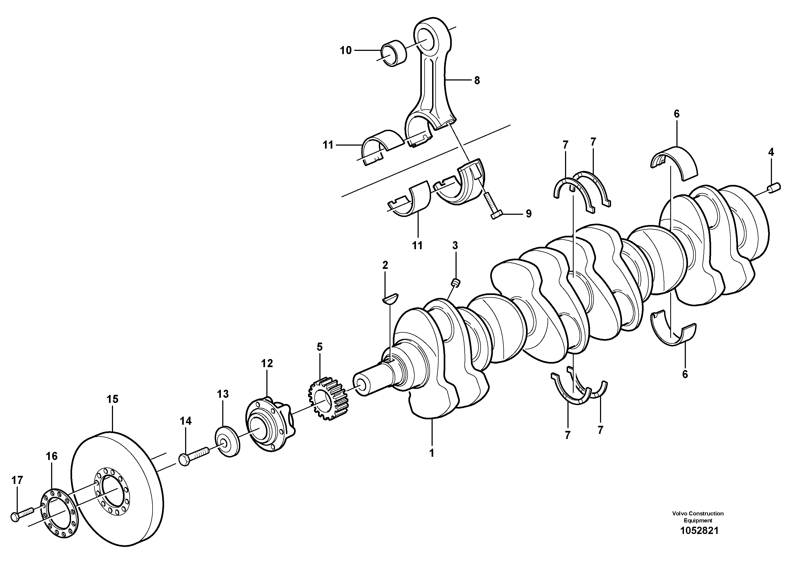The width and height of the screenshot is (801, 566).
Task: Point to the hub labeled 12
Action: click(x=269, y=425)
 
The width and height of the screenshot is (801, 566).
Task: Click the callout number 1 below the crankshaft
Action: click(x=432, y=453)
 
